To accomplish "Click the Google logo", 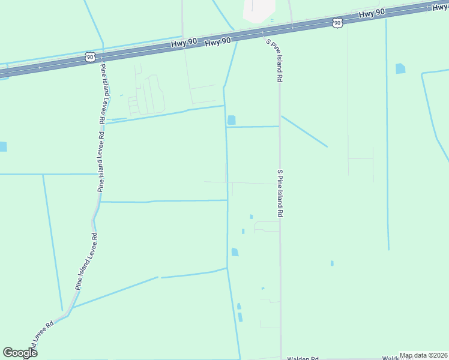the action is [20, 353].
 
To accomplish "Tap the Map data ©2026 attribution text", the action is [423, 355].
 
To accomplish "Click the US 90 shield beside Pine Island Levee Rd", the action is [90, 57].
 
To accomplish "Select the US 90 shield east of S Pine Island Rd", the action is [337, 23].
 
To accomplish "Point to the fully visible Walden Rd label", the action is [302, 358].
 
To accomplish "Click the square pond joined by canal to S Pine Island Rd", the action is [231, 120].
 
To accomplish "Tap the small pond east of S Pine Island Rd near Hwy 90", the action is [400, 68].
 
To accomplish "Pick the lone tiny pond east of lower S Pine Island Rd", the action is [332, 263].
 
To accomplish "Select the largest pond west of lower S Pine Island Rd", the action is [235, 252].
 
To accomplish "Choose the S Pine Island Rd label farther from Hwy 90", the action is [279, 193].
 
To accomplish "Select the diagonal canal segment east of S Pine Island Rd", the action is [304, 131].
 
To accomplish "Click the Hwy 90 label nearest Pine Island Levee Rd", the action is [218, 42].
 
